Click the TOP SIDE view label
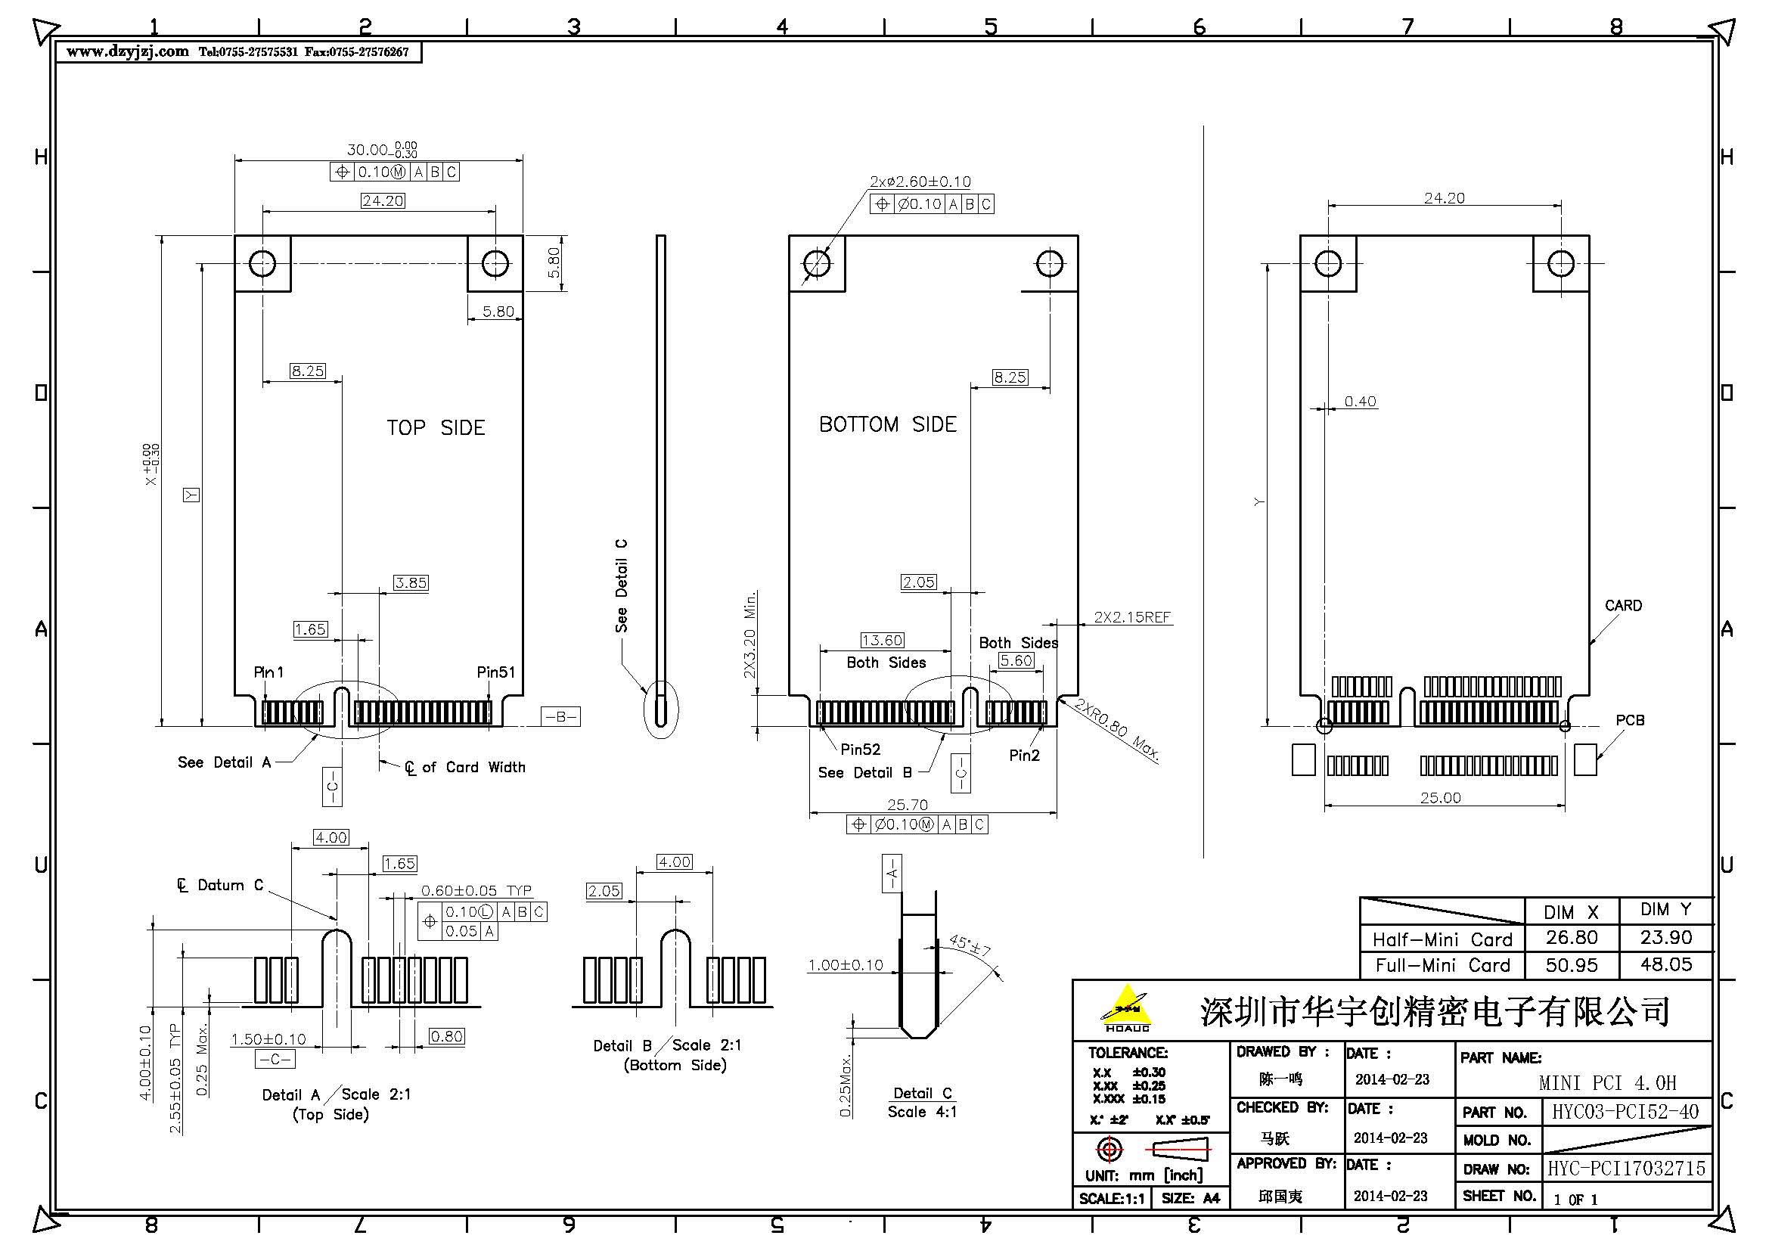tap(436, 427)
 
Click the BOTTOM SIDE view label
tap(887, 424)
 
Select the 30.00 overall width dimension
tap(368, 150)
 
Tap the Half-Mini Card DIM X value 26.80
tap(1571, 937)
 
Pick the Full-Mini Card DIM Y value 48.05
tap(1665, 964)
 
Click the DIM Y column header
tap(1665, 909)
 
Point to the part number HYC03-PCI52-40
tap(1624, 1112)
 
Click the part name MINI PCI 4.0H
tap(1607, 1083)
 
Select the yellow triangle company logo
tap(1126, 1007)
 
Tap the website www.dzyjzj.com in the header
tap(127, 51)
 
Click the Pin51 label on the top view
tap(495, 672)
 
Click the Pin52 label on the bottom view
tap(860, 749)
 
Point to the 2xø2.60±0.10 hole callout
tap(920, 182)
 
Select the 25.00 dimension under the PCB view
tap(1440, 797)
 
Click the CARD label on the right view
tap(1622, 606)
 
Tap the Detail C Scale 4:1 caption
tap(922, 1102)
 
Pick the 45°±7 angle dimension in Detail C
tap(970, 945)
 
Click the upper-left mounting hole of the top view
tap(262, 263)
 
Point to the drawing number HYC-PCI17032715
tap(1626, 1169)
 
